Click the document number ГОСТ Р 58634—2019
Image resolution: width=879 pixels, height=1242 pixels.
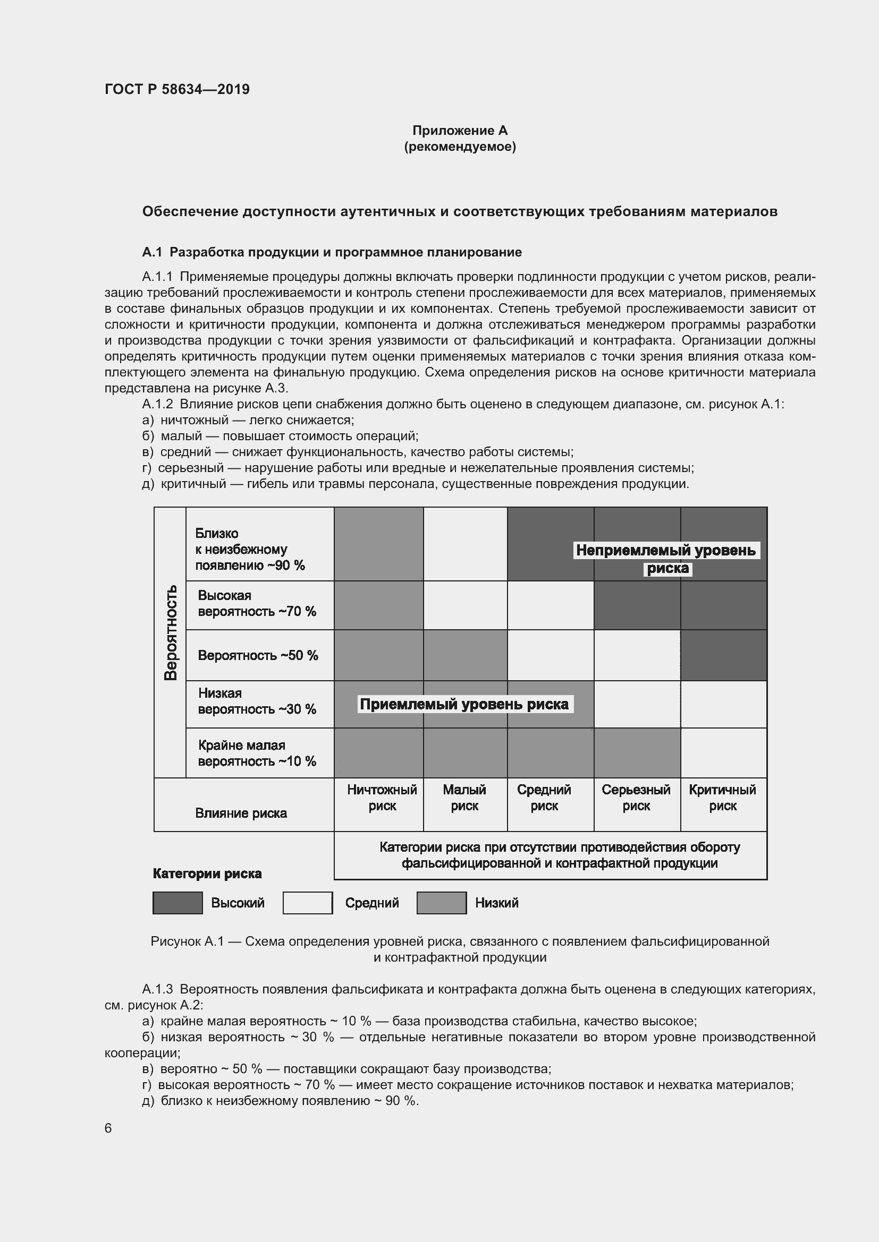click(x=177, y=89)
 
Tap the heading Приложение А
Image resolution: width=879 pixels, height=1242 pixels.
click(x=460, y=131)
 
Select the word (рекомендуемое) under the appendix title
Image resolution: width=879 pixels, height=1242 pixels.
click(x=460, y=147)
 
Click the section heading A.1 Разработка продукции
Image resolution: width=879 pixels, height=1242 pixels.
click(x=331, y=252)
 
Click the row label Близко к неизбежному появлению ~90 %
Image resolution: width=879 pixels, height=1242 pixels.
click(x=250, y=549)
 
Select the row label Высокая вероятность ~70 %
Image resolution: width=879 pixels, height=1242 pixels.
click(x=257, y=603)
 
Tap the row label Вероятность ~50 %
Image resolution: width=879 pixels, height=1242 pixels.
click(x=258, y=655)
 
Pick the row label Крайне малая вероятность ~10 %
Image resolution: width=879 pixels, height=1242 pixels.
click(x=257, y=753)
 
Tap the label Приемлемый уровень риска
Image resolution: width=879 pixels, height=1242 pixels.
click(x=464, y=704)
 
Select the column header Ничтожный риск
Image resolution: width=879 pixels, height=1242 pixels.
click(x=382, y=798)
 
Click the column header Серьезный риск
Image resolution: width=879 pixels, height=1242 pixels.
click(x=636, y=798)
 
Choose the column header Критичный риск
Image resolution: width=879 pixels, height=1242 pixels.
click(x=722, y=798)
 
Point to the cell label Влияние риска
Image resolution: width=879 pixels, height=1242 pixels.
click(x=241, y=813)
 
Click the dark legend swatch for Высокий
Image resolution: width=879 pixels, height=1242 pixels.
click(x=178, y=903)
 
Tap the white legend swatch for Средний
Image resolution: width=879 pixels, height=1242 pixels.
click(x=307, y=903)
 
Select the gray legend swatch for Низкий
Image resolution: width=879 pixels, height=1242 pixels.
click(x=441, y=903)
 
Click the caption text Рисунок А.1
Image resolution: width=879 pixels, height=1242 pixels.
click(x=187, y=941)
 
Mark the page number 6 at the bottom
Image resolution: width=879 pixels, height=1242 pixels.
click(x=108, y=1128)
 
